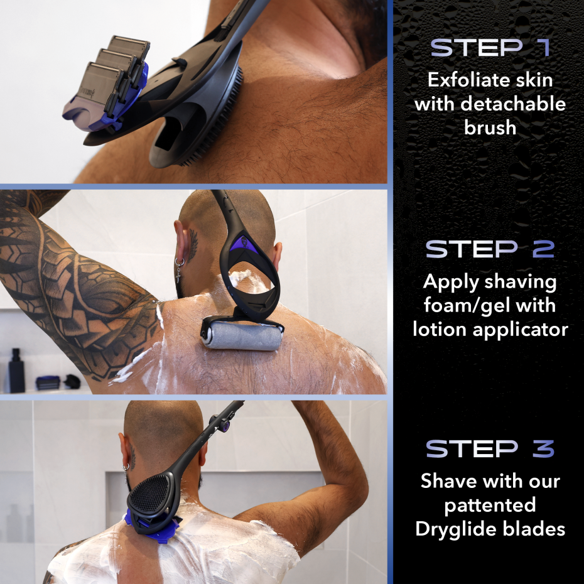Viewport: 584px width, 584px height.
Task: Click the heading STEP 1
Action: pos(490,48)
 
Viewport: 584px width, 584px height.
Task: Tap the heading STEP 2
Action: pos(490,249)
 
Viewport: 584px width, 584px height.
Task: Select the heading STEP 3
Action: pos(490,448)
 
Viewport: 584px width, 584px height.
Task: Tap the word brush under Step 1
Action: pos(490,127)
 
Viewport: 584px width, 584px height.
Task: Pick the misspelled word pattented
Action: pos(490,505)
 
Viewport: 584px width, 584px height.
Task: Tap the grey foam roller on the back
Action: pos(242,337)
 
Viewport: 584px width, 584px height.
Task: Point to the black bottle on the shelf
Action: pos(16,370)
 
